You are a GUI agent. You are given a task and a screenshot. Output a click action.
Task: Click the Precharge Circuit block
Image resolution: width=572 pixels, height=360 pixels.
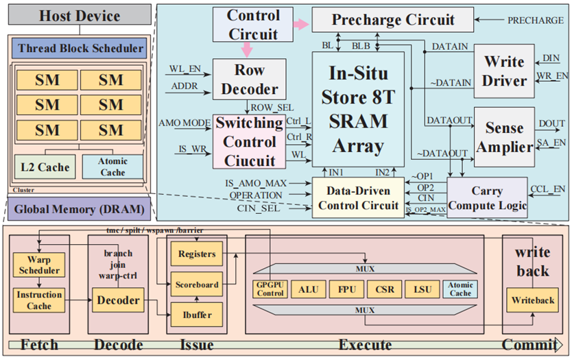click(x=393, y=20)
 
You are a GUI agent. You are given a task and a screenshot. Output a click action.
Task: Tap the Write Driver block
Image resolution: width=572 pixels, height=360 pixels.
click(x=504, y=71)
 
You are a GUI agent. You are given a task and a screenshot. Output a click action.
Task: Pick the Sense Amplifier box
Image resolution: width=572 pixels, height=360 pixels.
click(x=504, y=137)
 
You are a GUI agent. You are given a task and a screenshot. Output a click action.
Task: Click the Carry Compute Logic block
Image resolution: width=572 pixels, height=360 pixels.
click(x=487, y=197)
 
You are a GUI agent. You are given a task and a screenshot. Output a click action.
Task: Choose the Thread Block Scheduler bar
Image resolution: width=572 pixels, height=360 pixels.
click(x=81, y=48)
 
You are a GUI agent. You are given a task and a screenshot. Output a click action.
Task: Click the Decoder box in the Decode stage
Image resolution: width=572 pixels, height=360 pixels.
click(x=118, y=300)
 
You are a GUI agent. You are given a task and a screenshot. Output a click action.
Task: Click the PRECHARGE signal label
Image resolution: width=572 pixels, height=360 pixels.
click(x=536, y=21)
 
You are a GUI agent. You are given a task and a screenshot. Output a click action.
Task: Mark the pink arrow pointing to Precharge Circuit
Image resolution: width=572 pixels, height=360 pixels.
click(x=299, y=23)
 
